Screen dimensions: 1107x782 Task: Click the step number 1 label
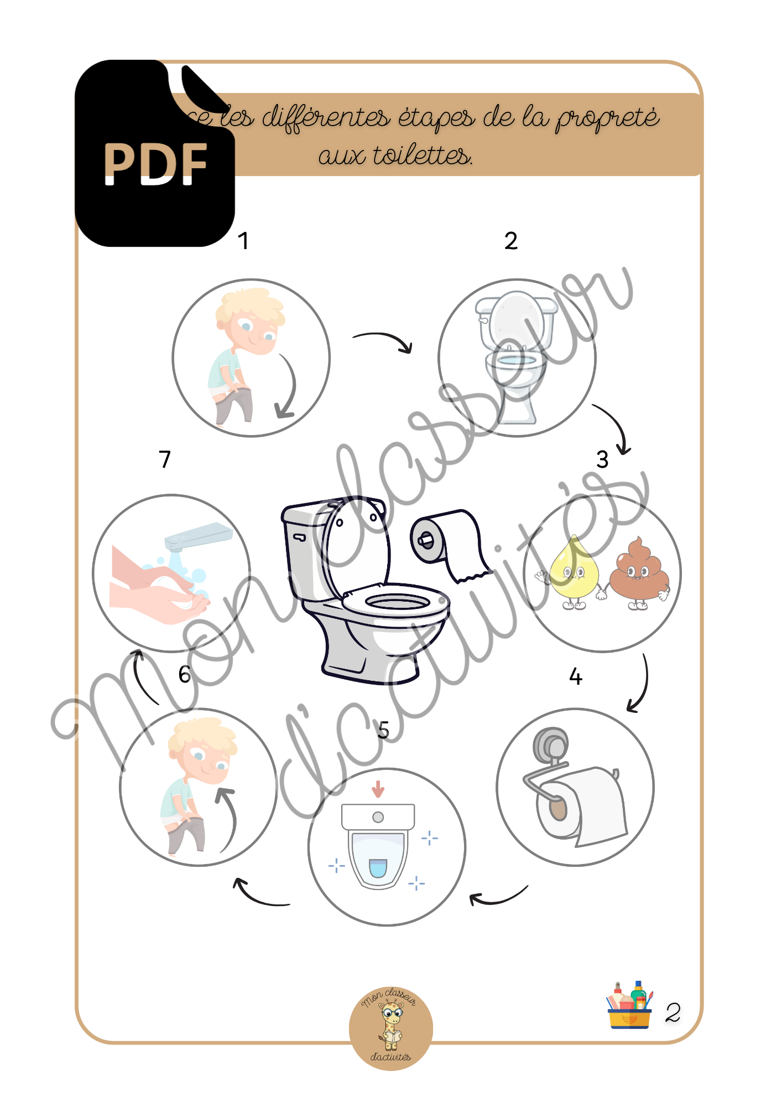click(243, 241)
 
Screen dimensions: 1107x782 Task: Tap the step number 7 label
click(165, 459)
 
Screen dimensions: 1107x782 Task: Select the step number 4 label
click(576, 676)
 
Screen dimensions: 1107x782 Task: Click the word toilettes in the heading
click(423, 156)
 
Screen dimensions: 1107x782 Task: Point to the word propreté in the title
click(607, 118)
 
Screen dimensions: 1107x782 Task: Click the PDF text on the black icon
click(155, 164)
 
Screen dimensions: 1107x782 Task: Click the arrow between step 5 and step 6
click(260, 894)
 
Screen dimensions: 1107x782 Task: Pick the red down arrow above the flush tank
click(378, 789)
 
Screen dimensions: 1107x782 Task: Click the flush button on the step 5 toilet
click(378, 817)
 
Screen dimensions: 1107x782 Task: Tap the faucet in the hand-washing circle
click(197, 535)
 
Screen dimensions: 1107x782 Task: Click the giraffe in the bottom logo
click(392, 1027)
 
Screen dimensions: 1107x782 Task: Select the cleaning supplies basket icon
click(629, 1006)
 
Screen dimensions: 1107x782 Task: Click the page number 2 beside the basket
click(672, 1013)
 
